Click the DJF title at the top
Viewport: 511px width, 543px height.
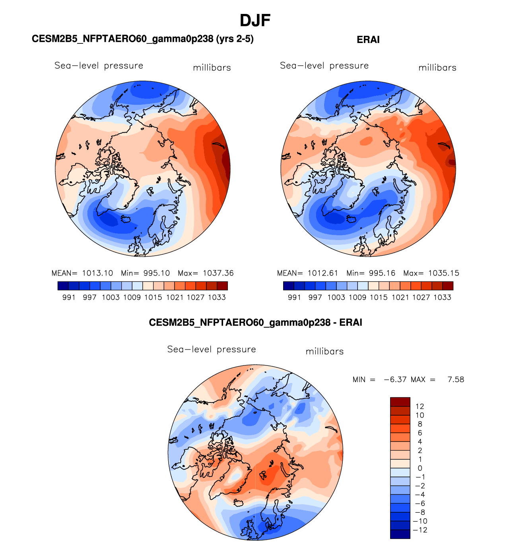coord(255,20)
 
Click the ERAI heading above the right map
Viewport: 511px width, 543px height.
coord(368,40)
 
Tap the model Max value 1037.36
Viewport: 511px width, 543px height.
coord(218,273)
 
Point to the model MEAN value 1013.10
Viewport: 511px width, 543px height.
coord(97,273)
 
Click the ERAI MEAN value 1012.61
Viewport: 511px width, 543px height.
coord(323,273)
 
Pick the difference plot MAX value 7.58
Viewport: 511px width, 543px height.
coord(456,379)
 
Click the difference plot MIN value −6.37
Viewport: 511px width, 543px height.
coord(395,379)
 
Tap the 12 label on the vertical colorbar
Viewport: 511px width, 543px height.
coord(420,406)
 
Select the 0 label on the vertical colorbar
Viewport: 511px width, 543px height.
coord(420,468)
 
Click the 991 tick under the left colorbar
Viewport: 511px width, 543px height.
coord(69,297)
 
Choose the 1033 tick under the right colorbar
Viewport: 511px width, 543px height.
coord(442,297)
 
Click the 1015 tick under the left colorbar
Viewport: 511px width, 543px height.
coord(153,297)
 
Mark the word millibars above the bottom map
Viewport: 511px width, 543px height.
coord(324,352)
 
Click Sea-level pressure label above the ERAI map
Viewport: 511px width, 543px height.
coord(324,66)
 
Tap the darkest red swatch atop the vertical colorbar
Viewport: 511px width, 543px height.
coord(400,402)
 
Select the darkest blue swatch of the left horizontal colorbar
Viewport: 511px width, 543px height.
coord(63,286)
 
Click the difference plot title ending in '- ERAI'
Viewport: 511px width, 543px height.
coord(255,322)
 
